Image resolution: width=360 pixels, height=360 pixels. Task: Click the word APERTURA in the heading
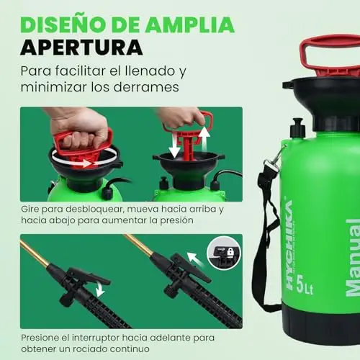[x=81, y=47]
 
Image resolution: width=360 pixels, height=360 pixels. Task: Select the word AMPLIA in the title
[x=190, y=24]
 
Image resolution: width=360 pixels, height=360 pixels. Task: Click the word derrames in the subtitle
[x=146, y=87]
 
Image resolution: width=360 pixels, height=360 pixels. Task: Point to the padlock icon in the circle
[x=230, y=252]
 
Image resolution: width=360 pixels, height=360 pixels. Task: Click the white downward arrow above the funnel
[x=174, y=145]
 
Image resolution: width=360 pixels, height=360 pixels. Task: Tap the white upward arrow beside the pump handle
[x=204, y=139]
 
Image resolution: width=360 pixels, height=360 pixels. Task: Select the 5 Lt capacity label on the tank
[x=305, y=285]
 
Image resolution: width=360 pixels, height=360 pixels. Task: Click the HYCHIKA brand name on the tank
[x=290, y=245]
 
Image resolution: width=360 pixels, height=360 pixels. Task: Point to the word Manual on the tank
[x=353, y=258]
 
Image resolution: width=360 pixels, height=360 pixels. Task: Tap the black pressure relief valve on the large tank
[x=298, y=128]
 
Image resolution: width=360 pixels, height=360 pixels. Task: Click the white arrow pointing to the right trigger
[x=195, y=260]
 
